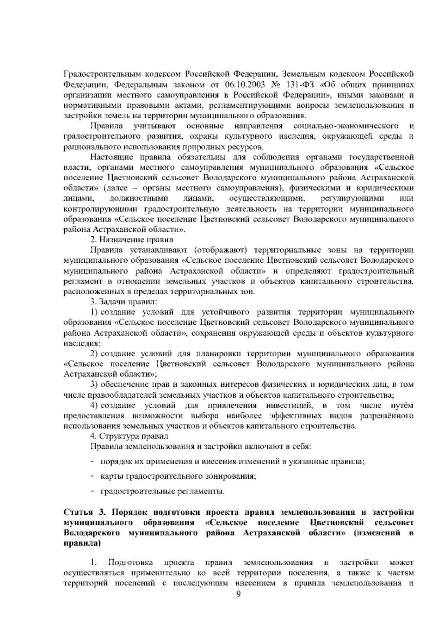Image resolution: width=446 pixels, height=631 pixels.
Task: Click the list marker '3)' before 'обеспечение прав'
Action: click(94, 384)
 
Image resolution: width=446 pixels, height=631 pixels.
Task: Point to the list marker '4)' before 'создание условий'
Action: click(94, 405)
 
